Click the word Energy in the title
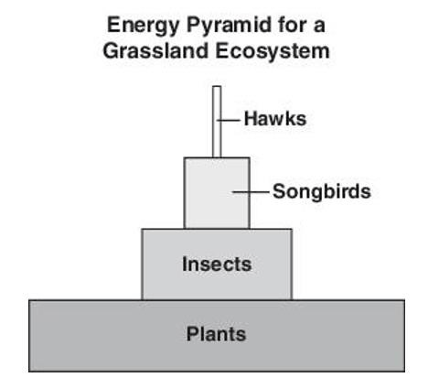click(x=143, y=26)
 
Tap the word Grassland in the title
click(x=155, y=50)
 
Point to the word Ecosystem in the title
click(x=273, y=51)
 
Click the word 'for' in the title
click(x=292, y=25)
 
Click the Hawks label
click(x=275, y=118)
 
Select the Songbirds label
click(x=322, y=192)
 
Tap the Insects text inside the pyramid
click(x=217, y=264)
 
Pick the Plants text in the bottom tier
click(x=216, y=334)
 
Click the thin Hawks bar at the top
click(x=217, y=122)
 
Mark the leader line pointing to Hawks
click(x=229, y=120)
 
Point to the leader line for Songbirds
click(x=251, y=192)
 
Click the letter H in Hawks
click(x=251, y=118)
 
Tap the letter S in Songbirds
click(x=279, y=191)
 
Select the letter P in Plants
click(x=193, y=334)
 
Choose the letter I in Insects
click(x=185, y=264)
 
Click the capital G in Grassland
click(x=111, y=50)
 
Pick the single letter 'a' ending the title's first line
click(x=319, y=27)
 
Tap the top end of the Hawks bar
click(x=217, y=86)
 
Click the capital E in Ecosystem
click(x=222, y=50)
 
